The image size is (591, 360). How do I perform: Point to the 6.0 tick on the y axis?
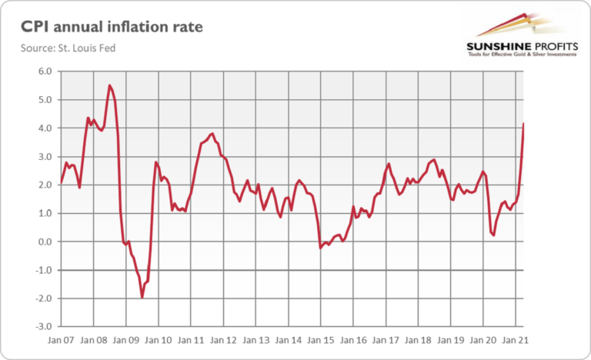[x=45, y=72]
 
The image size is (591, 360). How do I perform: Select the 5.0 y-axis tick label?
[x=45, y=100]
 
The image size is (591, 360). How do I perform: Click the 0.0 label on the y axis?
[x=45, y=242]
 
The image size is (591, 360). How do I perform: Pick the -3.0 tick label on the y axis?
[x=44, y=327]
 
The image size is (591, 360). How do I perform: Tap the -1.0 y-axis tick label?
[x=44, y=270]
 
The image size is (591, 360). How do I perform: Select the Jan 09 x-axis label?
[x=125, y=338]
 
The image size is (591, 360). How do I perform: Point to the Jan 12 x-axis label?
[x=223, y=338]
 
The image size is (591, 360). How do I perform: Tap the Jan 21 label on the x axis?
[x=516, y=338]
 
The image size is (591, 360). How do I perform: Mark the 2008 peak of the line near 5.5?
[x=109, y=85]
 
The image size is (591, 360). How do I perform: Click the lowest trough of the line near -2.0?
[x=142, y=297]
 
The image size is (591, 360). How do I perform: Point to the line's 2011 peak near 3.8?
[x=212, y=133]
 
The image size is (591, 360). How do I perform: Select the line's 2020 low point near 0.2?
[x=493, y=235]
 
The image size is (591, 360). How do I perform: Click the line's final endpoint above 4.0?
[x=524, y=124]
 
